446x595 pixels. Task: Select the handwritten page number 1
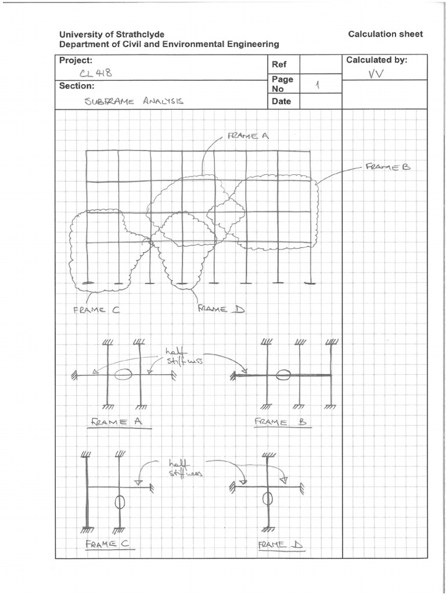(x=317, y=85)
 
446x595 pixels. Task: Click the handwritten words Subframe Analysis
(x=134, y=101)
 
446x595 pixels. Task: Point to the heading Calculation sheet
(x=386, y=34)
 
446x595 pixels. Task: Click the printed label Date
(x=281, y=102)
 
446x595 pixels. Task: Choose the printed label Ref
(x=279, y=64)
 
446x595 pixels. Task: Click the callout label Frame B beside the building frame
(x=387, y=167)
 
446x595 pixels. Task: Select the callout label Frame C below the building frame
(x=96, y=310)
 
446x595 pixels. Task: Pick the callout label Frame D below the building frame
(x=221, y=309)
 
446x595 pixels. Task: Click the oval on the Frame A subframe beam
(x=123, y=375)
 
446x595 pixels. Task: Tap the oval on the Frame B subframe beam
(x=283, y=375)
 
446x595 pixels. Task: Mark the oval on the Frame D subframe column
(x=268, y=498)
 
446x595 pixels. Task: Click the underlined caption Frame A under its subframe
(x=118, y=422)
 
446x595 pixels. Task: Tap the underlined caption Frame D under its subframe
(x=281, y=545)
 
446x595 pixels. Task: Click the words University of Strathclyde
(x=108, y=34)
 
